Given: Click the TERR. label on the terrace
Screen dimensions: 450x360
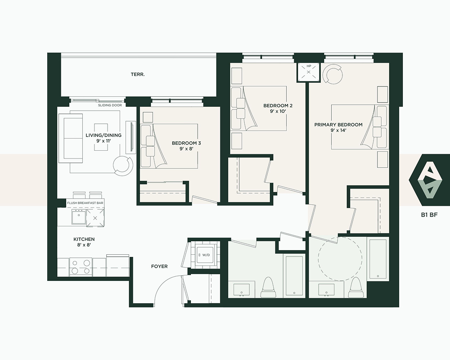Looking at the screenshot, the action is (x=138, y=74).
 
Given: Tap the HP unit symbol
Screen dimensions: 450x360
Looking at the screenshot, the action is (x=309, y=72).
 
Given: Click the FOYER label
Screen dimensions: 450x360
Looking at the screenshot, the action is (x=159, y=266).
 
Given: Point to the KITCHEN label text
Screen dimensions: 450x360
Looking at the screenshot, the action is (x=84, y=239).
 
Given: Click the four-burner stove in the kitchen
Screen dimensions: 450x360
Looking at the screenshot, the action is (x=81, y=267).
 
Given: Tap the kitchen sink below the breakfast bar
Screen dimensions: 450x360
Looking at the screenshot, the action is (x=78, y=216).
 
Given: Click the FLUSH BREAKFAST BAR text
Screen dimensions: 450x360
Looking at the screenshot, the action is (x=85, y=203).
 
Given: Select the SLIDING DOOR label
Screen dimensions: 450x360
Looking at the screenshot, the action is (x=110, y=105).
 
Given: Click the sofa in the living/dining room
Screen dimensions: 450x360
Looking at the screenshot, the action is (x=71, y=138).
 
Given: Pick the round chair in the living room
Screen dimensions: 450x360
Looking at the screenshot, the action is (x=123, y=165).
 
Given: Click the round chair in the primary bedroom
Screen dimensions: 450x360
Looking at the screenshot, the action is (x=333, y=74).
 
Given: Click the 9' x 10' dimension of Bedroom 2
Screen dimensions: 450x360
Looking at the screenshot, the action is (x=278, y=111).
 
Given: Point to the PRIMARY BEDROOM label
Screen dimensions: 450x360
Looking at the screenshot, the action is (x=338, y=125).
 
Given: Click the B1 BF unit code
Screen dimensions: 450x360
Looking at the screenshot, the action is (x=430, y=215).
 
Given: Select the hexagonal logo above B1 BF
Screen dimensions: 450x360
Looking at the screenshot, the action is (x=429, y=180).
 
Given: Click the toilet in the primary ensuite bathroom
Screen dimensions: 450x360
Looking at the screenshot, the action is (x=355, y=288).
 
